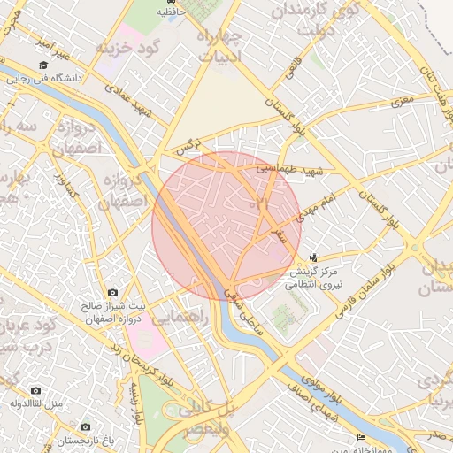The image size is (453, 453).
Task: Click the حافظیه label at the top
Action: click(171, 12)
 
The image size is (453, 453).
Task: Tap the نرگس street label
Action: click(188, 145)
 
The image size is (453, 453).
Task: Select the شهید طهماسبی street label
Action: click(291, 167)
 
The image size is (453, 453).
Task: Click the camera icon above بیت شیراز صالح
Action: click(112, 293)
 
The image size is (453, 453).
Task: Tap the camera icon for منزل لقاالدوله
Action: click(35, 390)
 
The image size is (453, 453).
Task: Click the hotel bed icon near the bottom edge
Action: click(360, 439)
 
